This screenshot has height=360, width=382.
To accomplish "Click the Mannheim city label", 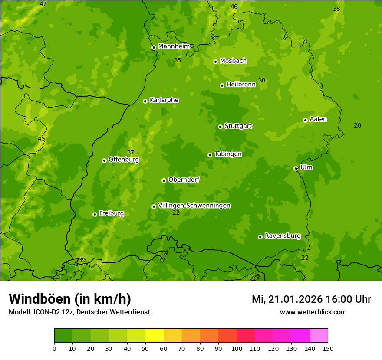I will (174, 46).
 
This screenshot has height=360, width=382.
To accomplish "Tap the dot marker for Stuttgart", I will (220, 127).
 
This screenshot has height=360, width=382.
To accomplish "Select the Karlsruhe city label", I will (164, 100).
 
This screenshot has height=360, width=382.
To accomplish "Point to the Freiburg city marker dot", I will (95, 214).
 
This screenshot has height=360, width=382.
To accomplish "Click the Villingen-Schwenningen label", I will (194, 206).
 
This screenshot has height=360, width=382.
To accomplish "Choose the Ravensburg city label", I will (282, 236).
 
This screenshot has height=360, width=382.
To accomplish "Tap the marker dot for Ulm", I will (296, 168).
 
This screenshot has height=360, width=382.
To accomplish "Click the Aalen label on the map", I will (318, 119).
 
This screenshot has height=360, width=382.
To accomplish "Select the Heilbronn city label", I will (240, 85).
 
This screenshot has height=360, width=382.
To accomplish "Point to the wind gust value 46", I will (234, 7).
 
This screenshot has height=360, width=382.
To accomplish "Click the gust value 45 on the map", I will (41, 139).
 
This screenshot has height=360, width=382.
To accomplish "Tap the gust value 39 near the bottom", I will (82, 260).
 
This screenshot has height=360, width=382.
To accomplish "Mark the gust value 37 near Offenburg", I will (131, 152).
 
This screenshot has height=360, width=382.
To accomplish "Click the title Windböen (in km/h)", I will (70, 299).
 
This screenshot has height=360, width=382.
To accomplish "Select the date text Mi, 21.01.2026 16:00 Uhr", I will (311, 299).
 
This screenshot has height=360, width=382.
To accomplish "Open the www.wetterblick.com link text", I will (313, 312).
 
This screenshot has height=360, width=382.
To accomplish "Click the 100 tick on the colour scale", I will (237, 348).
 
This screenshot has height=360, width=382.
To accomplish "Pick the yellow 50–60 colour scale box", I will (155, 336).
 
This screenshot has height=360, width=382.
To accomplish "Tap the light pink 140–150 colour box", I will (319, 336).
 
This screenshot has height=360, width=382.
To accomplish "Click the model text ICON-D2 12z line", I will (79, 312).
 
